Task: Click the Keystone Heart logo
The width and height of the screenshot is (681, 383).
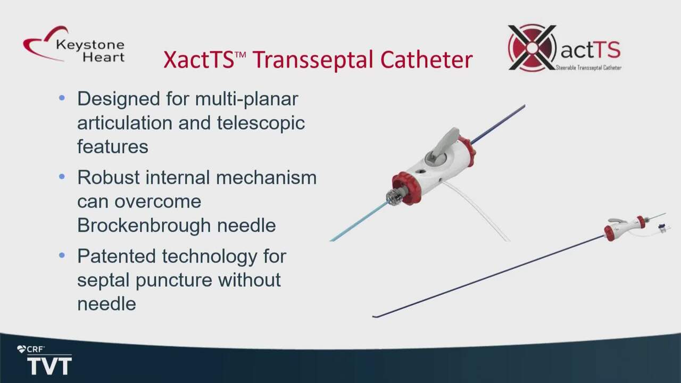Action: click(x=74, y=44)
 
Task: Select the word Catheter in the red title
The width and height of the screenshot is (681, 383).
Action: click(x=426, y=59)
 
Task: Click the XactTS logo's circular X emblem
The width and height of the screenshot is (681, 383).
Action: click(x=531, y=48)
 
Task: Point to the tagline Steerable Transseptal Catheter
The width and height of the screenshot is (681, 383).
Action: click(x=588, y=68)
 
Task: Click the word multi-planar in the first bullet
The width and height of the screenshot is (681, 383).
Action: click(x=246, y=99)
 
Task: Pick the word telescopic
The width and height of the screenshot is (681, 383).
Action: click(x=261, y=123)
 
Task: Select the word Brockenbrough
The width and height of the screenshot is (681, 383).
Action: click(x=144, y=225)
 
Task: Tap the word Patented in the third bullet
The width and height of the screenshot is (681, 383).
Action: click(x=117, y=256)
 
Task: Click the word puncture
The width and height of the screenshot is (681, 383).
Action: click(x=173, y=280)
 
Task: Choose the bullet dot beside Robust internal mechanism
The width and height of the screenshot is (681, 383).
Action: click(x=62, y=176)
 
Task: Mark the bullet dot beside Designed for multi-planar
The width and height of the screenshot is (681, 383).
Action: click(x=62, y=98)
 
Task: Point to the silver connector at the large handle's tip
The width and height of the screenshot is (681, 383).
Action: click(x=394, y=197)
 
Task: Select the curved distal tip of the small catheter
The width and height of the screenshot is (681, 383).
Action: click(x=377, y=317)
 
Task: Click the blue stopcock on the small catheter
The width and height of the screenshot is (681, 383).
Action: click(x=661, y=227)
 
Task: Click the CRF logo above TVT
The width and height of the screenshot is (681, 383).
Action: click(x=31, y=349)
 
